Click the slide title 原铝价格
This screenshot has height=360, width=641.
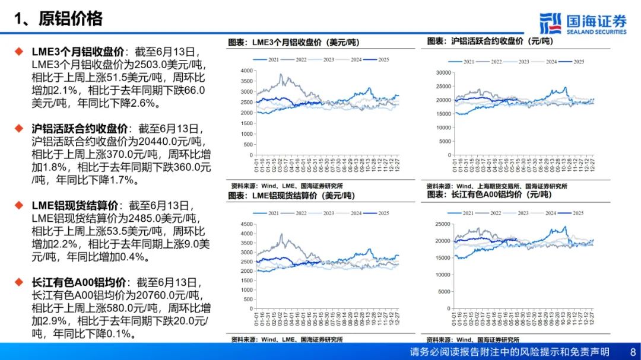[71, 18]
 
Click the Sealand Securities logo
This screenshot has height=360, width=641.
[583, 23]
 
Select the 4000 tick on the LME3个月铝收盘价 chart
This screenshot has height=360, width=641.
[246, 71]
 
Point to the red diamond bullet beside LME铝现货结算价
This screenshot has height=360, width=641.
[20, 205]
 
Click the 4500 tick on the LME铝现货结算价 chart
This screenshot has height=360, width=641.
[246, 224]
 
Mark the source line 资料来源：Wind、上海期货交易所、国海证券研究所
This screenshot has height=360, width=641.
[497, 186]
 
